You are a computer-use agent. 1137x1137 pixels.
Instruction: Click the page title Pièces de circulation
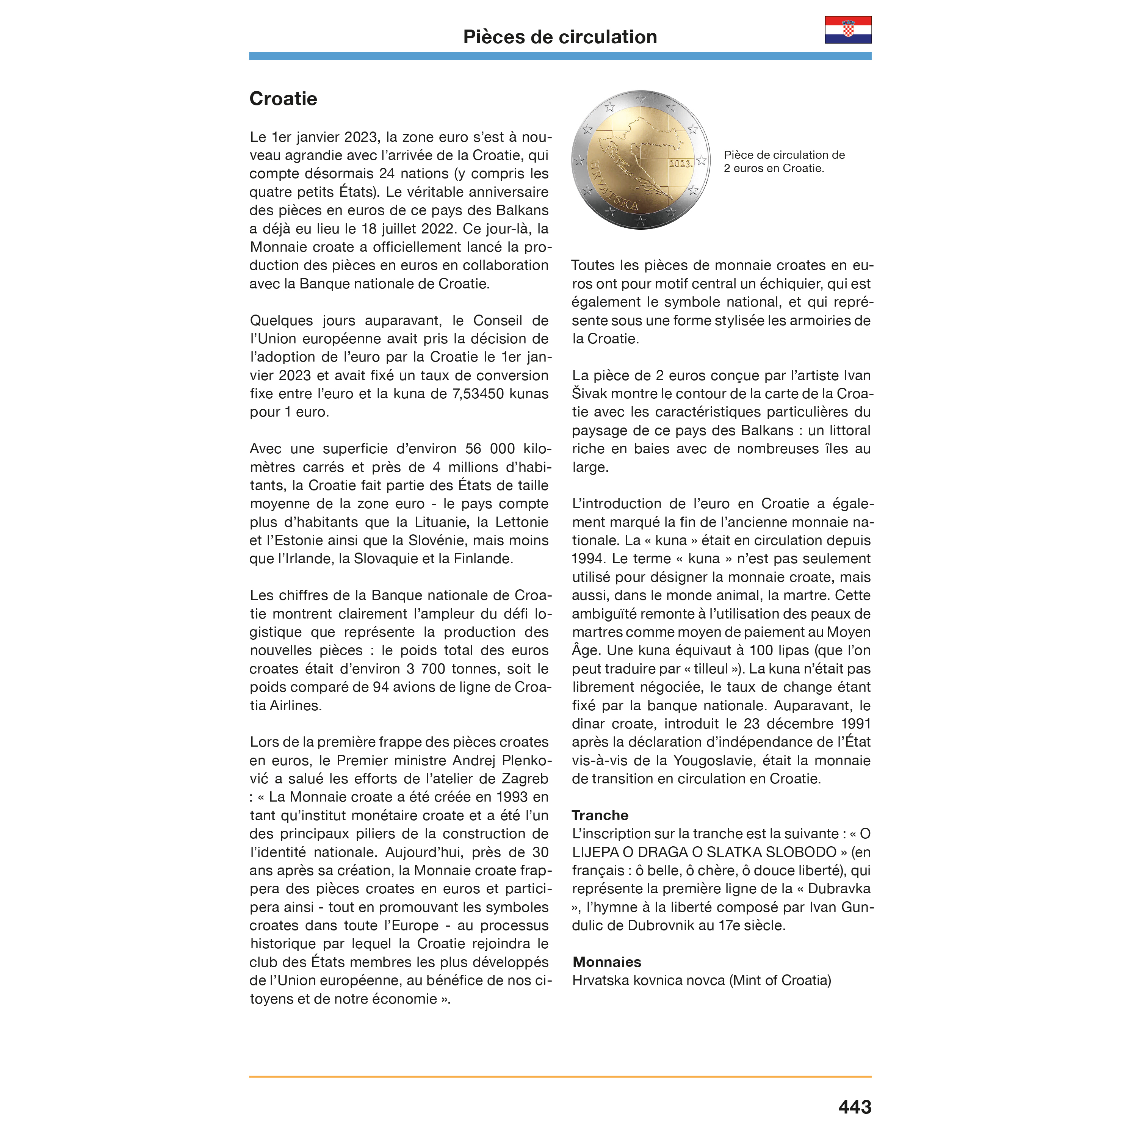(560, 37)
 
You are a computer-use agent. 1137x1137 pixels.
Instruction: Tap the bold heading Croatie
(283, 99)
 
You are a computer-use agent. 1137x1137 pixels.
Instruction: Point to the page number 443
(855, 1107)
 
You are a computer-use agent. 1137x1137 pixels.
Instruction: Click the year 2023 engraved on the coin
(680, 164)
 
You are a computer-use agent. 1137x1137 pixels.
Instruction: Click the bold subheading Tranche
(600, 815)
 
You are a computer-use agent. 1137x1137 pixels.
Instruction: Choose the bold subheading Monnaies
(607, 962)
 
